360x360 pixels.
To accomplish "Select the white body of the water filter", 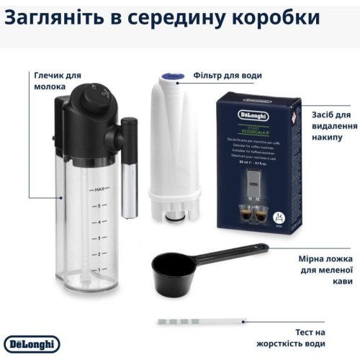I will (x=175, y=144).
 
